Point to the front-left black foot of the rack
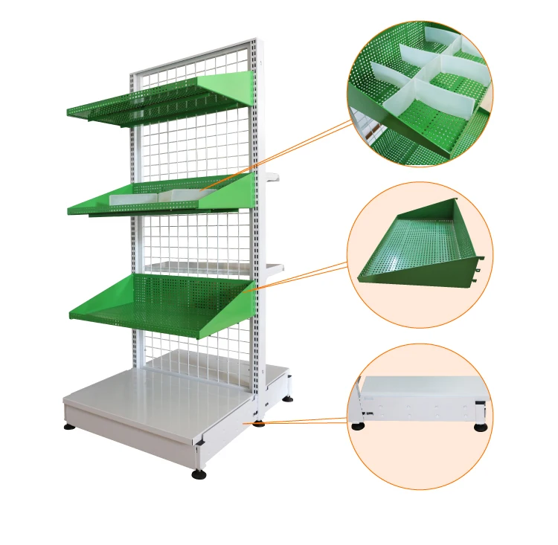tap(69, 428)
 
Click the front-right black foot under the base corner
tap(199, 474)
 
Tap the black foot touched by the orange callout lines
tap(259, 424)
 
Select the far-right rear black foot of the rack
tap(288, 399)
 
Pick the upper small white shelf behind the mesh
tap(271, 178)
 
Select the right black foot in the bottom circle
tap(481, 426)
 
